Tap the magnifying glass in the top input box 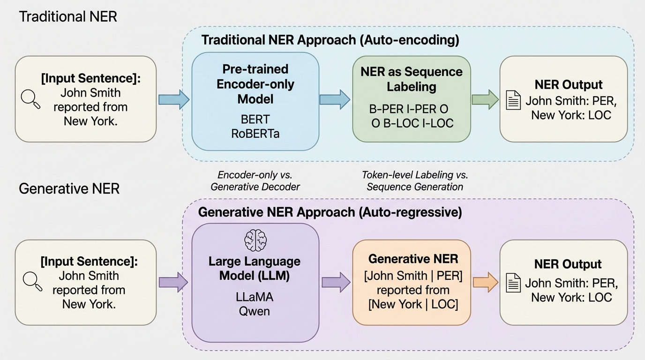click(30, 99)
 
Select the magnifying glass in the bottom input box click(32, 281)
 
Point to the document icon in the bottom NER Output click(513, 283)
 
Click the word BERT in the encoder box click(255, 119)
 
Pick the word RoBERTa click(255, 133)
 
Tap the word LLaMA click(255, 297)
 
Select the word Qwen click(255, 310)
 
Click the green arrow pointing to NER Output click(485, 100)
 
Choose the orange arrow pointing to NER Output click(485, 282)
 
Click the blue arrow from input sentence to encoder click(173, 100)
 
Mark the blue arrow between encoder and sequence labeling click(335, 100)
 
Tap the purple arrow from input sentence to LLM click(173, 282)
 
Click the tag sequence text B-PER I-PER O click(409, 109)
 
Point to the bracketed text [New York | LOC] click(413, 304)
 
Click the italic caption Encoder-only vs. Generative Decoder click(255, 180)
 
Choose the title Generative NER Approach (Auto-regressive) click(330, 212)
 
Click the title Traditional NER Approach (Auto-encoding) click(330, 40)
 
